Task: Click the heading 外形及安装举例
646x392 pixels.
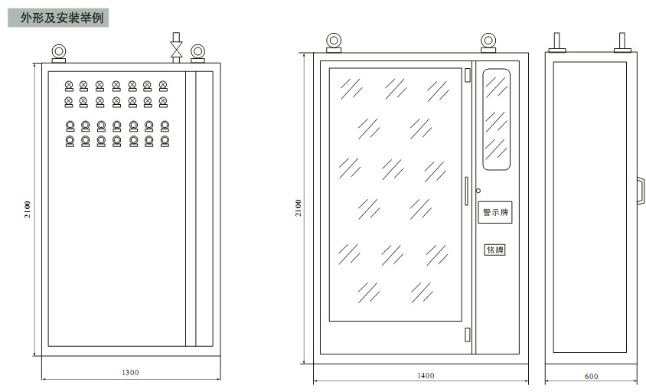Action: tap(62, 18)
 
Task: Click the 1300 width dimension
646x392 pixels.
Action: tap(130, 373)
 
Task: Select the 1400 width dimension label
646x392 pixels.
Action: tap(426, 375)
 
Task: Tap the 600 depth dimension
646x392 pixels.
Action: tap(591, 377)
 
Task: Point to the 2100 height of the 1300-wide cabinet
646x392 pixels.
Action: tap(28, 209)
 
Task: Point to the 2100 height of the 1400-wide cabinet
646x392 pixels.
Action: tap(299, 207)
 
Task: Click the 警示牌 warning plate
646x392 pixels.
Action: tap(494, 212)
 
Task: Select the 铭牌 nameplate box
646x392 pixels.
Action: tap(494, 250)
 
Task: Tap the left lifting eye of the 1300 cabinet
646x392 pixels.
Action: tap(58, 54)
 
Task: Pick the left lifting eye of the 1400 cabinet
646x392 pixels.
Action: tap(334, 43)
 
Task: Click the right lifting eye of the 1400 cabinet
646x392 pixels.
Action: tap(488, 43)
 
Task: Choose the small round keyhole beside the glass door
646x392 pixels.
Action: tap(478, 191)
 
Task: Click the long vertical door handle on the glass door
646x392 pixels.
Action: tap(467, 191)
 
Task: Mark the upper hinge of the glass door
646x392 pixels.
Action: tap(468, 75)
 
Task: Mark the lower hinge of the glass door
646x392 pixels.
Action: tap(468, 335)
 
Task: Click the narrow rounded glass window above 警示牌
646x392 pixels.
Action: tap(497, 119)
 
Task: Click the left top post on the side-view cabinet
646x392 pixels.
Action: tap(556, 43)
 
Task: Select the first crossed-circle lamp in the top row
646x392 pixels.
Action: tap(69, 87)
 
